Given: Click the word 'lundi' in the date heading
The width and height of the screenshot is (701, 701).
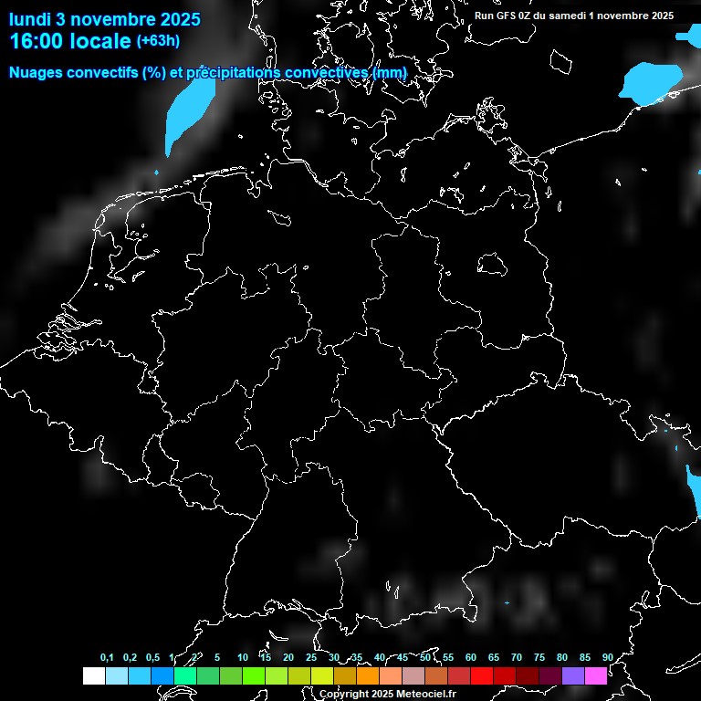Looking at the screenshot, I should tap(30, 19).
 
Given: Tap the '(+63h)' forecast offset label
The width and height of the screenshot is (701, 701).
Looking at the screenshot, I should tap(158, 41).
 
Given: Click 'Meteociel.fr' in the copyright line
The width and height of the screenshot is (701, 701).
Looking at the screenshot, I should tap(425, 694).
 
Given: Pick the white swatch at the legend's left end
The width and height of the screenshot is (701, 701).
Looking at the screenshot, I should tap(93, 675).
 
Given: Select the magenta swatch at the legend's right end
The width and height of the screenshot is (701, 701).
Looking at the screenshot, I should tap(596, 675).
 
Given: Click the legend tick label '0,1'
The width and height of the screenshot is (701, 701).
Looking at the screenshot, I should tap(107, 658).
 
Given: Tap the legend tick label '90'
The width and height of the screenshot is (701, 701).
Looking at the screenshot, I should tap(607, 658).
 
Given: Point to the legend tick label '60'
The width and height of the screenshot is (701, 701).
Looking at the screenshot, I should tap(471, 658).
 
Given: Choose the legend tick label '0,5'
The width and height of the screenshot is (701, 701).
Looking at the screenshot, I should tap(152, 658).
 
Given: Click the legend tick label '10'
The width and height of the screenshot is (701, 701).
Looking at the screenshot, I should tap(243, 658).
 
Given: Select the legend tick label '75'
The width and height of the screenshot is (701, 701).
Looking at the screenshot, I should tap(539, 658).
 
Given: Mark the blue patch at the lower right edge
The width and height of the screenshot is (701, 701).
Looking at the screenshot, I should tap(691, 481).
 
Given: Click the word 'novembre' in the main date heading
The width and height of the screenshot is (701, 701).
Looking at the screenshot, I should tap(114, 19).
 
